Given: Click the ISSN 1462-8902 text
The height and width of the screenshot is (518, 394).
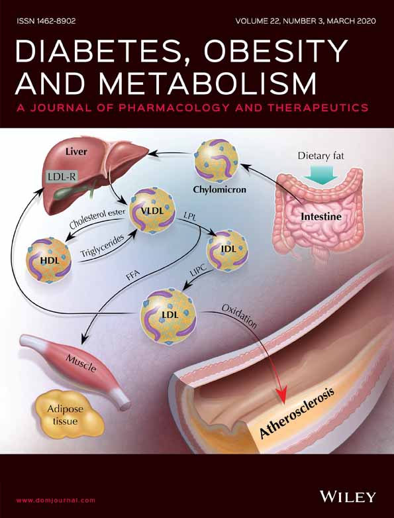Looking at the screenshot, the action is (x=46, y=21).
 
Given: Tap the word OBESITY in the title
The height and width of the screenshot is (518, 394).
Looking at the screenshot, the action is (x=275, y=52).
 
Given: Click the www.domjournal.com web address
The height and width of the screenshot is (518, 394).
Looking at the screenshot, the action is (x=56, y=500).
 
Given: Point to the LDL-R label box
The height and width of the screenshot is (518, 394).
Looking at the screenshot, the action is (x=62, y=177).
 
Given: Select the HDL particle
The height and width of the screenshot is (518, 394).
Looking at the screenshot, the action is (x=49, y=260).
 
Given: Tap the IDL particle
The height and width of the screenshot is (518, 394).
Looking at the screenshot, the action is (x=227, y=250).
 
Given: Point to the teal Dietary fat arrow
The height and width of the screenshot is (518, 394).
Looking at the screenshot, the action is (x=320, y=174).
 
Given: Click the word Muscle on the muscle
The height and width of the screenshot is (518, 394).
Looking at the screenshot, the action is (x=81, y=362).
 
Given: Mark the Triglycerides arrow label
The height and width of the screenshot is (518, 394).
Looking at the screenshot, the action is (x=102, y=246).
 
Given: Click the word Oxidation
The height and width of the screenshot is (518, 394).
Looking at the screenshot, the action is (x=239, y=317).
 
